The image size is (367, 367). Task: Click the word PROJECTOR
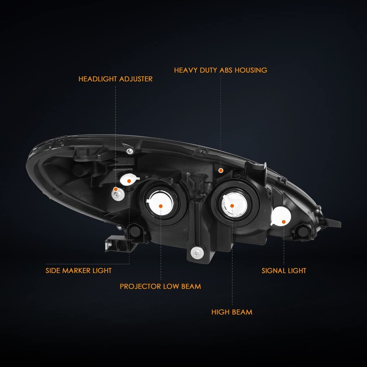point(140,286)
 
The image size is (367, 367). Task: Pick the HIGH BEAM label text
point(232,312)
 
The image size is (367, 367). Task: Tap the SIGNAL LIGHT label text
point(284,270)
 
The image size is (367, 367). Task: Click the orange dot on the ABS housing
point(221,170)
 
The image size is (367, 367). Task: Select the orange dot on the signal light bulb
point(284,222)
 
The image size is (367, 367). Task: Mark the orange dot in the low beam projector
point(161,206)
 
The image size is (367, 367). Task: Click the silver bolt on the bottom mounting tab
point(197,252)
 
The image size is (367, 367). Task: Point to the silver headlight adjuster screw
point(117,195)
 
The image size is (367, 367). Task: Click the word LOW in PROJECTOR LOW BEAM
point(172,286)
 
